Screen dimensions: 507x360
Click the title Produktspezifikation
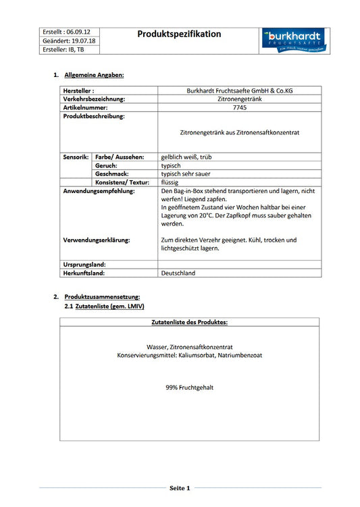179,34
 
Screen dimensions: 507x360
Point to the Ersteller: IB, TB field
63,50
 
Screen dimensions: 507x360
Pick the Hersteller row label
78,90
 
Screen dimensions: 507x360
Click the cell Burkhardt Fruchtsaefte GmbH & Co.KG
239,90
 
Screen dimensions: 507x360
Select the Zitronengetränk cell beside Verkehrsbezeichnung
239,99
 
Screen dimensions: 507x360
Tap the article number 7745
239,107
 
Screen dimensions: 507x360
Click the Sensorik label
76,157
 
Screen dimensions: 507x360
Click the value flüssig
170,182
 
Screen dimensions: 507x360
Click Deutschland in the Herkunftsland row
178,273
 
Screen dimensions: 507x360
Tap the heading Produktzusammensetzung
102,297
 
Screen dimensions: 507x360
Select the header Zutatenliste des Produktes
189,323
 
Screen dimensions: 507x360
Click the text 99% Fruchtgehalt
189,388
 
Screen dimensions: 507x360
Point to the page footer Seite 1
180,487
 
